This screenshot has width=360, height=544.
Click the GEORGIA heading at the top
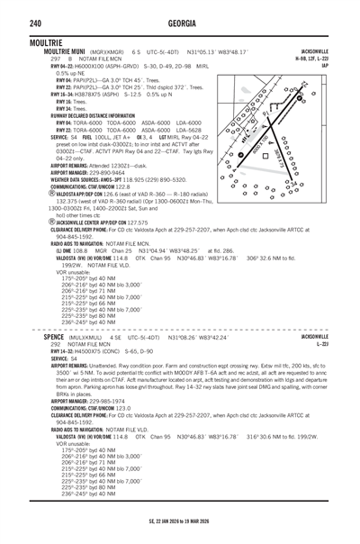pyautogui.click(x=180, y=22)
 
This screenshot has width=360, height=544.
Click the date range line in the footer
pyautogui.click(x=180, y=521)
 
